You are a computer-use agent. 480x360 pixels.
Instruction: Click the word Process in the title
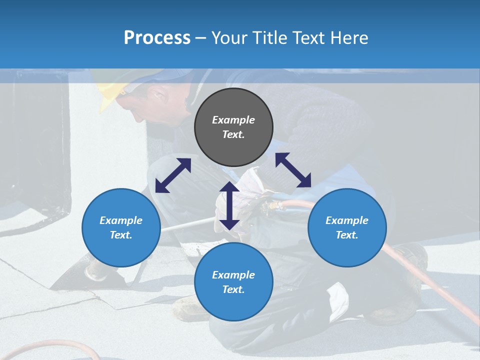coord(157,38)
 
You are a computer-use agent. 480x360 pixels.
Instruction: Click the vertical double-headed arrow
coord(229,205)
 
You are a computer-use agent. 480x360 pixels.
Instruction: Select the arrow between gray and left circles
coord(173,175)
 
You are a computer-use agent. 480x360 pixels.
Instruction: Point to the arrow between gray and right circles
coord(293,170)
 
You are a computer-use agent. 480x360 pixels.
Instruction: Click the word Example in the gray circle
coord(233,120)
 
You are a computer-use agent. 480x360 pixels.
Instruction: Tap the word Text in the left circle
coord(121,235)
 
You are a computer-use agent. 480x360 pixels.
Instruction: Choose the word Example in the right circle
coord(347,220)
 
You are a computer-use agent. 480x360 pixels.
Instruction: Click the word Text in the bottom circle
coord(233,289)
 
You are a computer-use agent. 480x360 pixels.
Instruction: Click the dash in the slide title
coord(201,38)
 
